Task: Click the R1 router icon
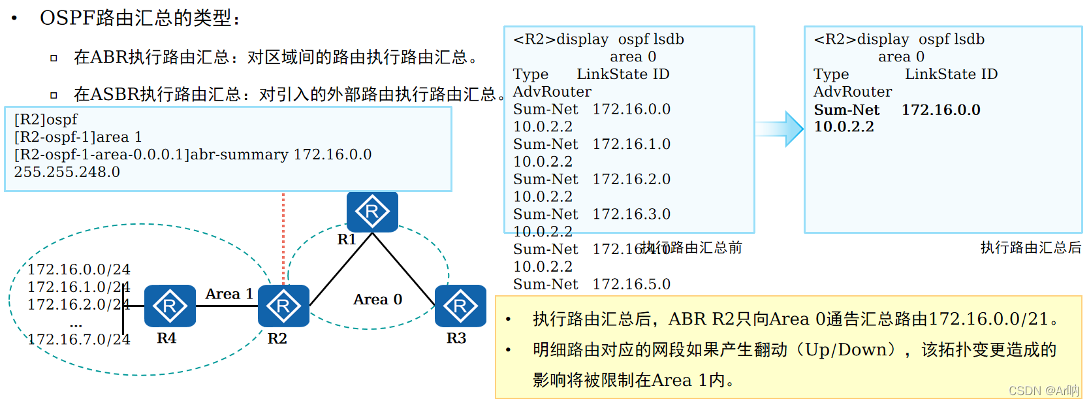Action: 372,212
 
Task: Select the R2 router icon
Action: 283,306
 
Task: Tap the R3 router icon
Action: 460,306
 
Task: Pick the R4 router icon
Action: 170,306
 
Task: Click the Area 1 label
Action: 229,294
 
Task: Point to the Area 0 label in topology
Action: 377,299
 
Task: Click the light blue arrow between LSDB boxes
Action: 780,129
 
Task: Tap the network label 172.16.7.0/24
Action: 78,339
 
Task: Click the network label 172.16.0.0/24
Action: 78,269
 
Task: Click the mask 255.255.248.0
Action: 67,172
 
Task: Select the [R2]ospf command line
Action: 46,120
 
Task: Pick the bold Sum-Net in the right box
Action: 846,110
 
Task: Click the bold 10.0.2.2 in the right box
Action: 844,127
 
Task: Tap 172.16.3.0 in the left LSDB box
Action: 631,214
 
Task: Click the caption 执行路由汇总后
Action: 1030,248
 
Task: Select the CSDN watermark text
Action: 1043,391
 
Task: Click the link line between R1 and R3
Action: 403,269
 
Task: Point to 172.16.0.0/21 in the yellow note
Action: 988,319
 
